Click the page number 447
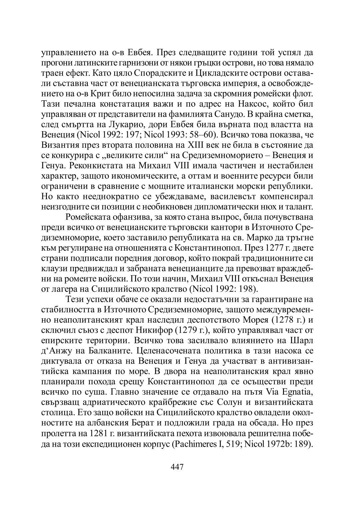point(177,467)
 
